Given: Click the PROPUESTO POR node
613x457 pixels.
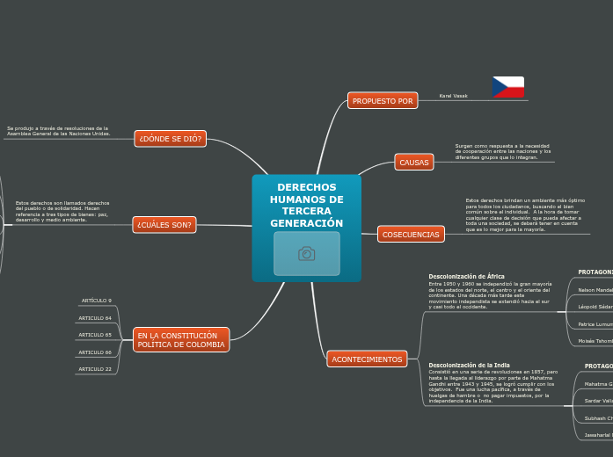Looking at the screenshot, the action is pyautogui.click(x=383, y=101).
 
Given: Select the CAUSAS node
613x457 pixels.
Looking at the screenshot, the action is pyautogui.click(x=414, y=163).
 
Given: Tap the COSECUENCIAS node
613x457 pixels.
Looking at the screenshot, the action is pyautogui.click(x=411, y=235).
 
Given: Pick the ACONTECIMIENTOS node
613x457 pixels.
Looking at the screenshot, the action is pyautogui.click(x=367, y=359).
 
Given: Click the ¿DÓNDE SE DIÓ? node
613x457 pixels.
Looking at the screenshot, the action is pyautogui.click(x=171, y=139).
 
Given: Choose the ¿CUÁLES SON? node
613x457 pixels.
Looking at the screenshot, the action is pyautogui.click(x=164, y=225).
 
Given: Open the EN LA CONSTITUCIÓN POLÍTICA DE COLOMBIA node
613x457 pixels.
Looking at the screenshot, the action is pyautogui.click(x=181, y=340).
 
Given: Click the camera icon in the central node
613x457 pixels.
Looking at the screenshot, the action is pyautogui.click(x=306, y=254).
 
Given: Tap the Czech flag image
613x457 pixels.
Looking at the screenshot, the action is pyautogui.click(x=507, y=87).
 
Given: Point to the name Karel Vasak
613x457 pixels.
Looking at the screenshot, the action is pyautogui.click(x=453, y=96).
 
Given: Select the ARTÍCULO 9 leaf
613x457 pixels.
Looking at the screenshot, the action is pyautogui.click(x=97, y=301).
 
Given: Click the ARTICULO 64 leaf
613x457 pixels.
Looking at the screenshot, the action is pyautogui.click(x=95, y=318).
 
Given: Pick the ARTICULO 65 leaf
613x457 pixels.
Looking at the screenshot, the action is pyautogui.click(x=95, y=335).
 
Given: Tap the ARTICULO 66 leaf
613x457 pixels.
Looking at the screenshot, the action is pyautogui.click(x=95, y=352).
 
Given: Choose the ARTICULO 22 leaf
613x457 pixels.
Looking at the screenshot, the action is pyautogui.click(x=95, y=369).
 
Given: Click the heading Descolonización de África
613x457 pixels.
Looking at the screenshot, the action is pyautogui.click(x=466, y=277).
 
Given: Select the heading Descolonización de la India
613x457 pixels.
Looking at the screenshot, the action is pyautogui.click(x=469, y=365).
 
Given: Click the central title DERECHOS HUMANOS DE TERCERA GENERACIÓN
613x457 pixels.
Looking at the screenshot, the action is pyautogui.click(x=306, y=206).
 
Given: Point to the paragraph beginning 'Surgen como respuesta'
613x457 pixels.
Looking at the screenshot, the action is pyautogui.click(x=503, y=151).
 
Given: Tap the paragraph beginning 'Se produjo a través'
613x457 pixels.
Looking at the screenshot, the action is pyautogui.click(x=59, y=131).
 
